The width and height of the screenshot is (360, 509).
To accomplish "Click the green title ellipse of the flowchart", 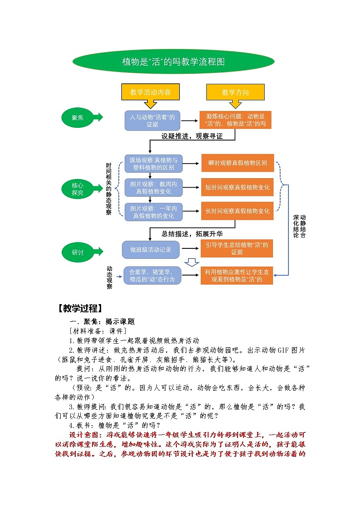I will click(x=174, y=62).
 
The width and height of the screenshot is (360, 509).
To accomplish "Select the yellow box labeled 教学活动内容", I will click(x=151, y=92).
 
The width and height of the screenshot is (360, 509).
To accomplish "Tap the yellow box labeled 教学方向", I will click(x=235, y=92).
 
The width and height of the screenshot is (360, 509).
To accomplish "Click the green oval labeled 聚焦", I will click(x=78, y=117).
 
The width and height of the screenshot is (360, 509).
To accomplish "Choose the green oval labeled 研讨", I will click(x=78, y=252).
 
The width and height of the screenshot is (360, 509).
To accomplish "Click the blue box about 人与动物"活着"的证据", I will click(x=152, y=121).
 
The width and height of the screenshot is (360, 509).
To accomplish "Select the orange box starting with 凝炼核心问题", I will click(x=235, y=120).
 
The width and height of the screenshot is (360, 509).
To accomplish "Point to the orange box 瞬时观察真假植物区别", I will click(x=238, y=163).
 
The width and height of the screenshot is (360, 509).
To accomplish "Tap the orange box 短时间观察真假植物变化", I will click(x=238, y=187).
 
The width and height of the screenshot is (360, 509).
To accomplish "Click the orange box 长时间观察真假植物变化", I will click(x=238, y=211).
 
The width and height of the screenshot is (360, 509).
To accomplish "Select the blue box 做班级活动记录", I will click(x=151, y=249).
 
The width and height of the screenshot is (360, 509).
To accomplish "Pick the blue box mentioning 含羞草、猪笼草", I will click(x=152, y=276).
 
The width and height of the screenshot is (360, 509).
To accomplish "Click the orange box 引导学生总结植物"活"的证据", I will click(x=237, y=248).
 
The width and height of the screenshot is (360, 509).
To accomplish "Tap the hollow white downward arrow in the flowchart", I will click(x=192, y=262).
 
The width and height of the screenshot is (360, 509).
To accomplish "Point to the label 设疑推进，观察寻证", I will click(x=192, y=136).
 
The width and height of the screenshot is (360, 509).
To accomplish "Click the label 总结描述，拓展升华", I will click(x=192, y=234).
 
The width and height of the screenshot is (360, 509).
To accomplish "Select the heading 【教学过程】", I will click(x=79, y=309).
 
